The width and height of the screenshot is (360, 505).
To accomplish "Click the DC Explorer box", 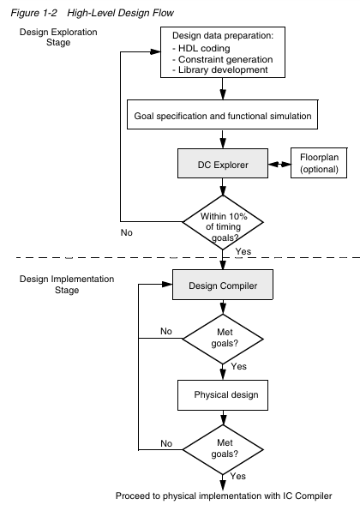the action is pos(223,163).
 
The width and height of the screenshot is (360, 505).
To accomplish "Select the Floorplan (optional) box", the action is pos(319,163).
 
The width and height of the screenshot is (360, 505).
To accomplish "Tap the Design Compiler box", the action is pos(223,285).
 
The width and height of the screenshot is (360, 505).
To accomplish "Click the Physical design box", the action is pos(223,395).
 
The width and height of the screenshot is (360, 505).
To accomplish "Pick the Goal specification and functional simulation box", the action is pos(223,114).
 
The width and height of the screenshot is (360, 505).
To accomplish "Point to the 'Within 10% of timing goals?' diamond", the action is pos(223,222).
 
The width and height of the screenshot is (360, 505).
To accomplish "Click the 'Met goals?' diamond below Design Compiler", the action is pos(223,339).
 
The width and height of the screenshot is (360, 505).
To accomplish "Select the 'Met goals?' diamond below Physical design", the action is pos(223,449).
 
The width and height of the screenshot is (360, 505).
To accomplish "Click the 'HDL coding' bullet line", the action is pos(201,48).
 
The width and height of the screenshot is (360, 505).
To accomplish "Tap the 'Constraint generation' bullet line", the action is pos(223,59).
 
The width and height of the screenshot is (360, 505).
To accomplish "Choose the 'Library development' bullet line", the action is pos(220,69).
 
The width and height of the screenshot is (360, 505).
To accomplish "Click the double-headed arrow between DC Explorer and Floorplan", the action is pos(279,165).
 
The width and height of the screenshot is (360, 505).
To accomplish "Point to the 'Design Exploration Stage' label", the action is pos(58,37).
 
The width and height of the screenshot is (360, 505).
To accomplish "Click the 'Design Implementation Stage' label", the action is pos(67,285).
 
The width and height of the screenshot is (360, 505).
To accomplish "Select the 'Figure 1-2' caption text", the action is pos(33,13).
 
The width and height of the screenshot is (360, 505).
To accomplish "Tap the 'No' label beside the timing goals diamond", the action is pos(127,232).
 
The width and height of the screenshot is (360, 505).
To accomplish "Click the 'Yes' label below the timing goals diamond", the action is pos(243,251).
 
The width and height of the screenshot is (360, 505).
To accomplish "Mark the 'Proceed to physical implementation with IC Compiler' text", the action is pos(224,496).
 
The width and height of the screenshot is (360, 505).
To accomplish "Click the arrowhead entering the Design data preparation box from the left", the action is pos(155,51).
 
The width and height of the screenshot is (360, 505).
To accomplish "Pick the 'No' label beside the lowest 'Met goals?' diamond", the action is pos(166,443).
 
